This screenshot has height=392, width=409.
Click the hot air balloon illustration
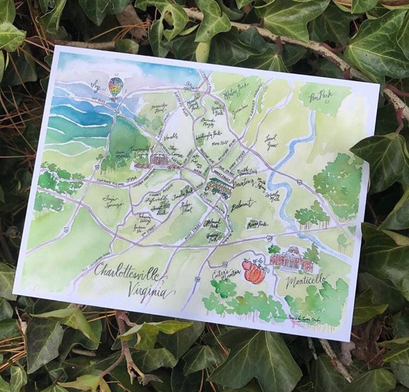click(116, 86)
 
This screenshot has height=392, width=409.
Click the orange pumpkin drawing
click(255, 273)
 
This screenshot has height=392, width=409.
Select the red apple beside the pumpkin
click(247, 266)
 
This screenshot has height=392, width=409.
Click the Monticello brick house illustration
click(292, 259)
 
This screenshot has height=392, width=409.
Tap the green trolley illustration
click(219, 186)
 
